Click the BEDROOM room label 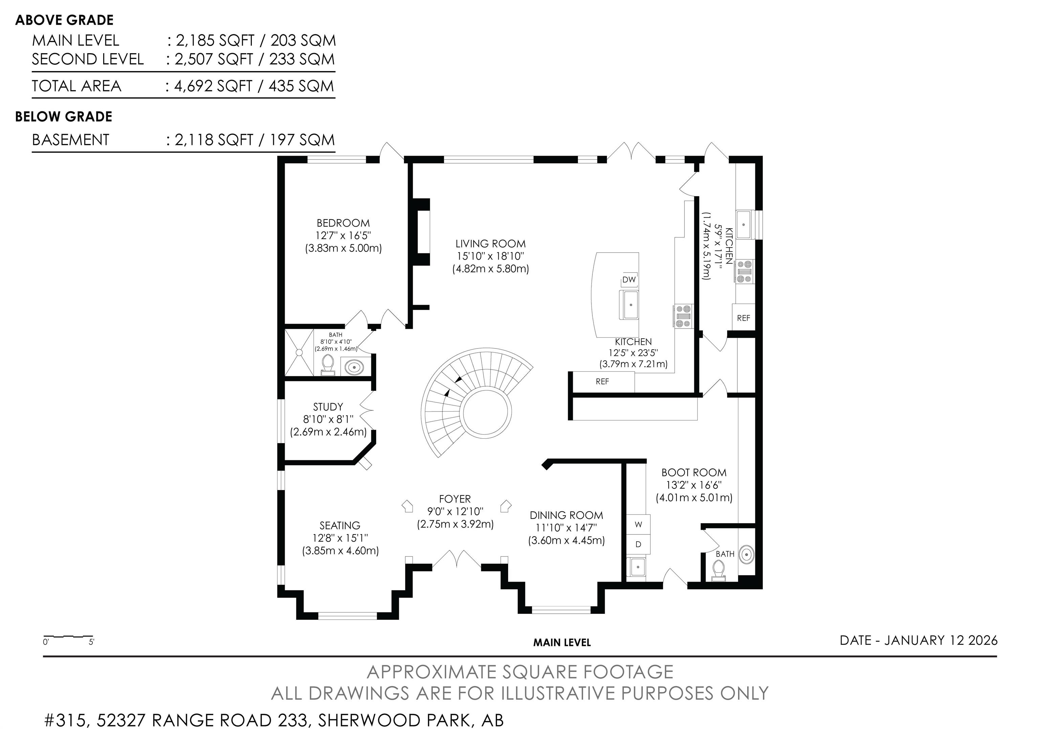tap(343, 223)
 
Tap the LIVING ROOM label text tap(491, 244)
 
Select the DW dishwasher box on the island tap(629, 279)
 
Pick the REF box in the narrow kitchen tap(743, 318)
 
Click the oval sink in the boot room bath tap(746, 554)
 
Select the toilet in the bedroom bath tap(327, 363)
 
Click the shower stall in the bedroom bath tap(299, 352)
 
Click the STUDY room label tap(328, 407)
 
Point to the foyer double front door tap(457, 560)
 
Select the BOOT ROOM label tap(694, 472)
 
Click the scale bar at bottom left tap(68, 637)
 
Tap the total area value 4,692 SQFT tap(213, 86)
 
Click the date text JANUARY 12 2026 tap(941, 640)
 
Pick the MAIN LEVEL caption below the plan tap(562, 643)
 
